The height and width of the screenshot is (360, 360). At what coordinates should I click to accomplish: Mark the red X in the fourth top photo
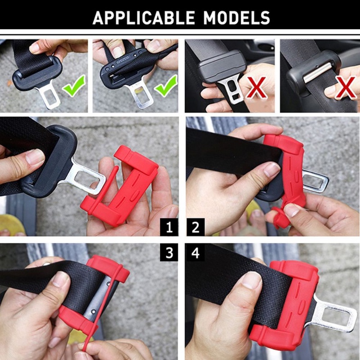click(346, 88)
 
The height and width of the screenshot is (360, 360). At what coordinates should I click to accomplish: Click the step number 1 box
click(169, 227)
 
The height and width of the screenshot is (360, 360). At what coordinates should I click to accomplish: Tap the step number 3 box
click(169, 252)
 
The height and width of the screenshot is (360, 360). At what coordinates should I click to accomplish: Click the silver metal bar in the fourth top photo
click(317, 72)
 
